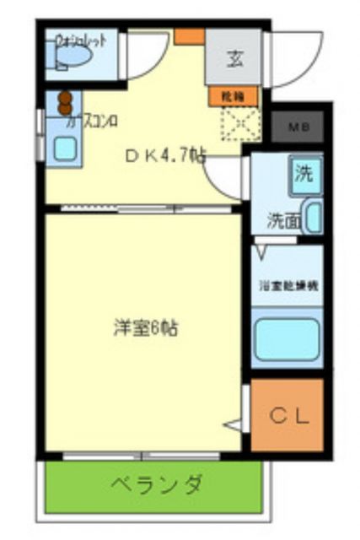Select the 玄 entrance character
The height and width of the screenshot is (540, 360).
pyautogui.click(x=234, y=59)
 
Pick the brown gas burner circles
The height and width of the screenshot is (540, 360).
pyautogui.click(x=62, y=102)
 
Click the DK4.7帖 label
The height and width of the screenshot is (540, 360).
pyautogui.click(x=165, y=155)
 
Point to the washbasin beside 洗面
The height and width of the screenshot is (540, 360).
pyautogui.click(x=312, y=218)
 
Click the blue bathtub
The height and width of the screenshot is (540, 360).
pyautogui.click(x=287, y=338)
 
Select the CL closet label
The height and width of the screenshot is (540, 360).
pyautogui.click(x=288, y=415)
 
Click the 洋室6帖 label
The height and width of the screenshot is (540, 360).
pyautogui.click(x=145, y=328)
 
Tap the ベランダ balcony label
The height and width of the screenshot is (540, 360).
pyautogui.click(x=156, y=485)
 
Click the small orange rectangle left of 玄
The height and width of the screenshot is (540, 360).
pyautogui.click(x=188, y=36)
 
